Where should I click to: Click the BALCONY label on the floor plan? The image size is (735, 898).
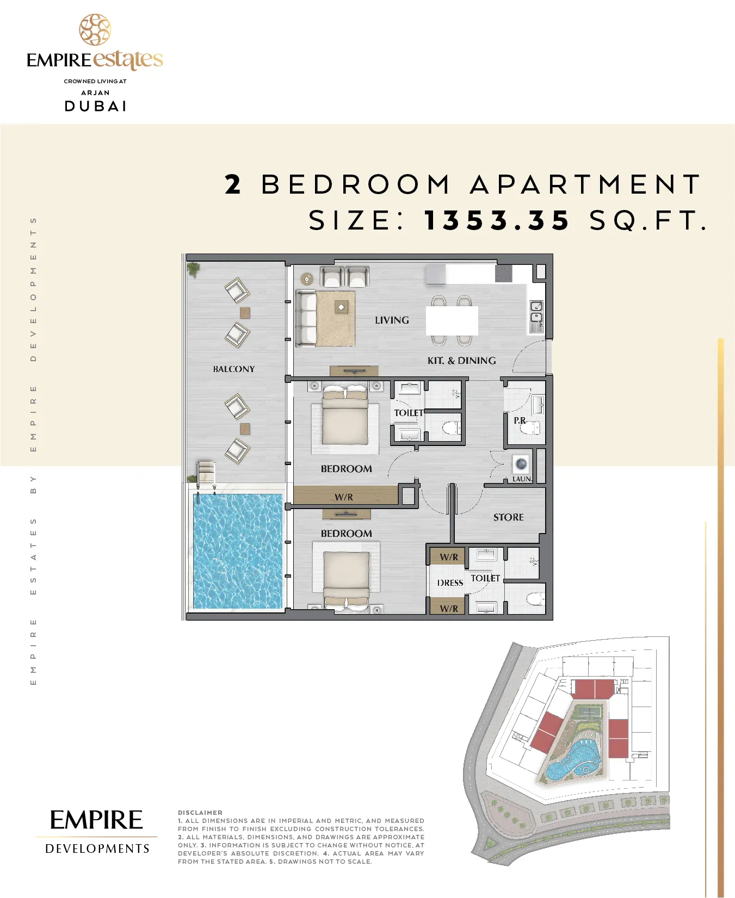234,369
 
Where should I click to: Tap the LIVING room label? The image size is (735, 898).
392,320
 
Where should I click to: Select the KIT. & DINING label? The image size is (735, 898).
462,361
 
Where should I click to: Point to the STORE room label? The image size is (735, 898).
509,517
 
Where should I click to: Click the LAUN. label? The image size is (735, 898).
522,479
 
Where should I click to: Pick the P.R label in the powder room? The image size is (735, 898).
520,420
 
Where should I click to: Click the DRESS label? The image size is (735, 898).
450,583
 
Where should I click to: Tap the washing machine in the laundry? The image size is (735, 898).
521,465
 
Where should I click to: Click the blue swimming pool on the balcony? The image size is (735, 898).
238,551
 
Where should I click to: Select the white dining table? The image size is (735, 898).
452,321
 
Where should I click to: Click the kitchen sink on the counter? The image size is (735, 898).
536,316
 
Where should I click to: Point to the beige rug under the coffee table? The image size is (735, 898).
335,319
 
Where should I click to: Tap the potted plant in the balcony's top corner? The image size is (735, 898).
193,269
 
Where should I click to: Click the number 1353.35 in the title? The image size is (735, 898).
497,220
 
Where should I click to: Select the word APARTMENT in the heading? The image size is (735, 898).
585,184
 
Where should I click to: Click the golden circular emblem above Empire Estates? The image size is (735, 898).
95,29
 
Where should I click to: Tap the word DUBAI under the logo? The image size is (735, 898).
96,106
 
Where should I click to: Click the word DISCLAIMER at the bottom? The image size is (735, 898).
200,813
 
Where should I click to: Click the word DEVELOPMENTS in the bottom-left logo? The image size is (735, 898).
97,849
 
